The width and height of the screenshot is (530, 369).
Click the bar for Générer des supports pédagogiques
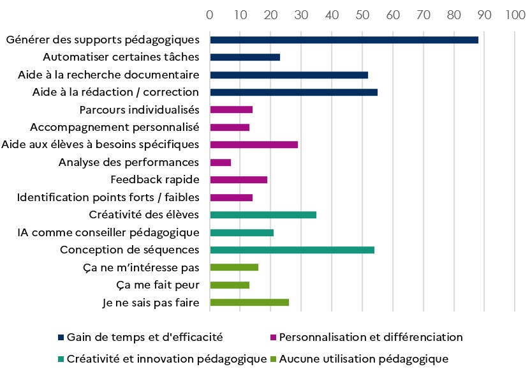point(344,40)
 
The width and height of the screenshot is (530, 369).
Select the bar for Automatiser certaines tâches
point(245,57)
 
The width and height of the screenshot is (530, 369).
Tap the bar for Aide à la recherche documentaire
point(289,75)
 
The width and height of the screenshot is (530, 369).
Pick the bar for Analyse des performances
point(220,162)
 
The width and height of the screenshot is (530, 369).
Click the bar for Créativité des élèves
point(263,215)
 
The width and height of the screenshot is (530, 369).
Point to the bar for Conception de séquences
point(292,250)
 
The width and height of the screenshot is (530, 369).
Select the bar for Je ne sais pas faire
point(249,302)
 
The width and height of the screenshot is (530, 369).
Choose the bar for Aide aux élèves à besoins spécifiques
point(254,145)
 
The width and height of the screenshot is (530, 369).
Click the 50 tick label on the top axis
point(362,14)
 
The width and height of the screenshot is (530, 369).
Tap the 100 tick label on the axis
point(515,14)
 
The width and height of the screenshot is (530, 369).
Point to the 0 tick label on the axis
point(210,14)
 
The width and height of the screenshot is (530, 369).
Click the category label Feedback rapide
point(154,179)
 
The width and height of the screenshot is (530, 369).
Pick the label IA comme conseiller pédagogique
point(108,232)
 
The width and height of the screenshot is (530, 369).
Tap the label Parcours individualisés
point(139,109)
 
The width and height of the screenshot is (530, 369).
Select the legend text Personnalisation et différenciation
point(371,336)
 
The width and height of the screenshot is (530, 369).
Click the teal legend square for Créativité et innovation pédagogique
point(61,359)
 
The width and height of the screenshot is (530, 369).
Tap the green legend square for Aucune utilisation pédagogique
point(273,359)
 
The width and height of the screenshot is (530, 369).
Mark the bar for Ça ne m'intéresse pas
point(234,267)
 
